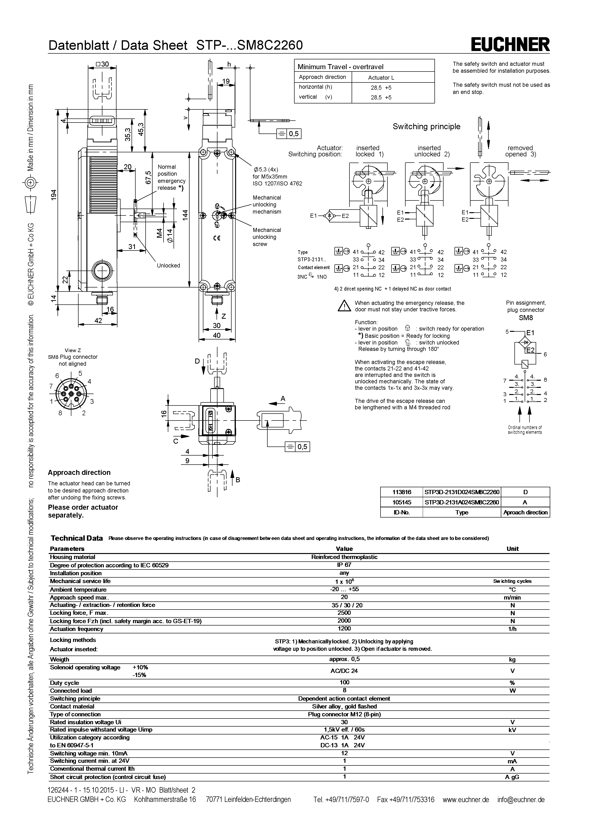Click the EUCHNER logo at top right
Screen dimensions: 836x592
(x=510, y=45)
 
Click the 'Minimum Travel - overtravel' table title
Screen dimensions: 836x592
(x=340, y=67)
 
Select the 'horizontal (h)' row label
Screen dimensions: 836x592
(x=315, y=87)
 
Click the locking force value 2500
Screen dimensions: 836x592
(x=344, y=613)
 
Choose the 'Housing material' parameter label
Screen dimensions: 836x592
(x=73, y=557)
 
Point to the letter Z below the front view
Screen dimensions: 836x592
(x=223, y=316)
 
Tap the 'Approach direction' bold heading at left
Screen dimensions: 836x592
(x=79, y=473)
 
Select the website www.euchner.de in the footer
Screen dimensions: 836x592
(x=465, y=800)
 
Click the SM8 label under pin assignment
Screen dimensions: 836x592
(x=526, y=318)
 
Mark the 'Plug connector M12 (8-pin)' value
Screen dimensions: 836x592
(x=344, y=714)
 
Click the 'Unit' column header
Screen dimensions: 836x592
(x=512, y=549)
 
